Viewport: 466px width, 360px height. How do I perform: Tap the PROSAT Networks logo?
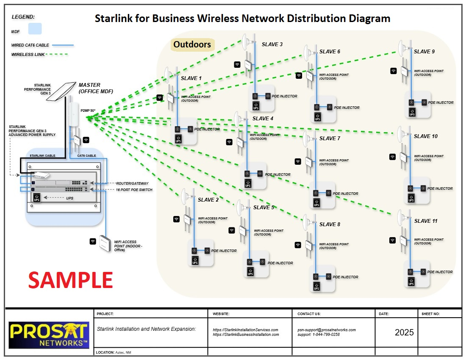tap(49, 334)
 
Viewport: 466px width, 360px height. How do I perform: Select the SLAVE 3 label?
tap(272, 44)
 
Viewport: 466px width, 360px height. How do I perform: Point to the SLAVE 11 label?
tap(426, 221)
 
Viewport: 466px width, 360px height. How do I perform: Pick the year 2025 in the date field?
tap(404, 332)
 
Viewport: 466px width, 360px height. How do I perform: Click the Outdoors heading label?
tap(192, 44)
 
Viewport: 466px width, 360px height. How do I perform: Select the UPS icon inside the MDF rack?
tap(37, 198)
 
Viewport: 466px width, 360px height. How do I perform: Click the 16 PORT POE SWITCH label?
tap(134, 190)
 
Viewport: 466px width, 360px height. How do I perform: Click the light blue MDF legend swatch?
tap(35, 29)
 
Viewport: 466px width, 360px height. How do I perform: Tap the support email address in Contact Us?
tap(326, 330)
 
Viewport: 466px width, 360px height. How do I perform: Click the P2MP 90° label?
tap(88, 111)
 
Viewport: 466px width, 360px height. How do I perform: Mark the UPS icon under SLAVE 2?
tap(195, 261)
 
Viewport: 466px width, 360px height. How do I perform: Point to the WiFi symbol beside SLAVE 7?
tap(298, 161)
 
